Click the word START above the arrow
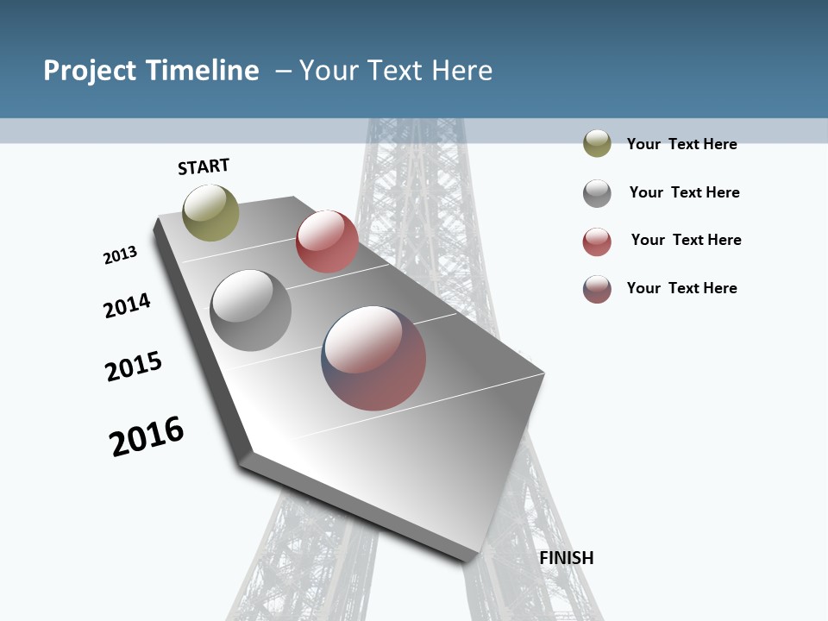coord(204,166)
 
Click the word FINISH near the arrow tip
coord(566,558)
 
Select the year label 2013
coord(120,255)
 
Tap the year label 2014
coord(127,305)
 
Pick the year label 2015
coord(134,366)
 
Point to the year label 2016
coord(147,436)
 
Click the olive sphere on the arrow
coord(210,212)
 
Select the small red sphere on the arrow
coord(327,241)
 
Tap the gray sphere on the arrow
coord(250,310)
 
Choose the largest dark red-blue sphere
coord(373,358)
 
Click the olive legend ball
coord(597,143)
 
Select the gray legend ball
coord(597,193)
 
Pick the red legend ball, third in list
coord(597,241)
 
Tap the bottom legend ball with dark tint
coord(597,289)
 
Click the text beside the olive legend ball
coord(681,144)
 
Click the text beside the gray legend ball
coord(684,192)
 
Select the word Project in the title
coord(89,71)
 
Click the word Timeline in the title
coord(203,71)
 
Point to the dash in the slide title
coord(283,71)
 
